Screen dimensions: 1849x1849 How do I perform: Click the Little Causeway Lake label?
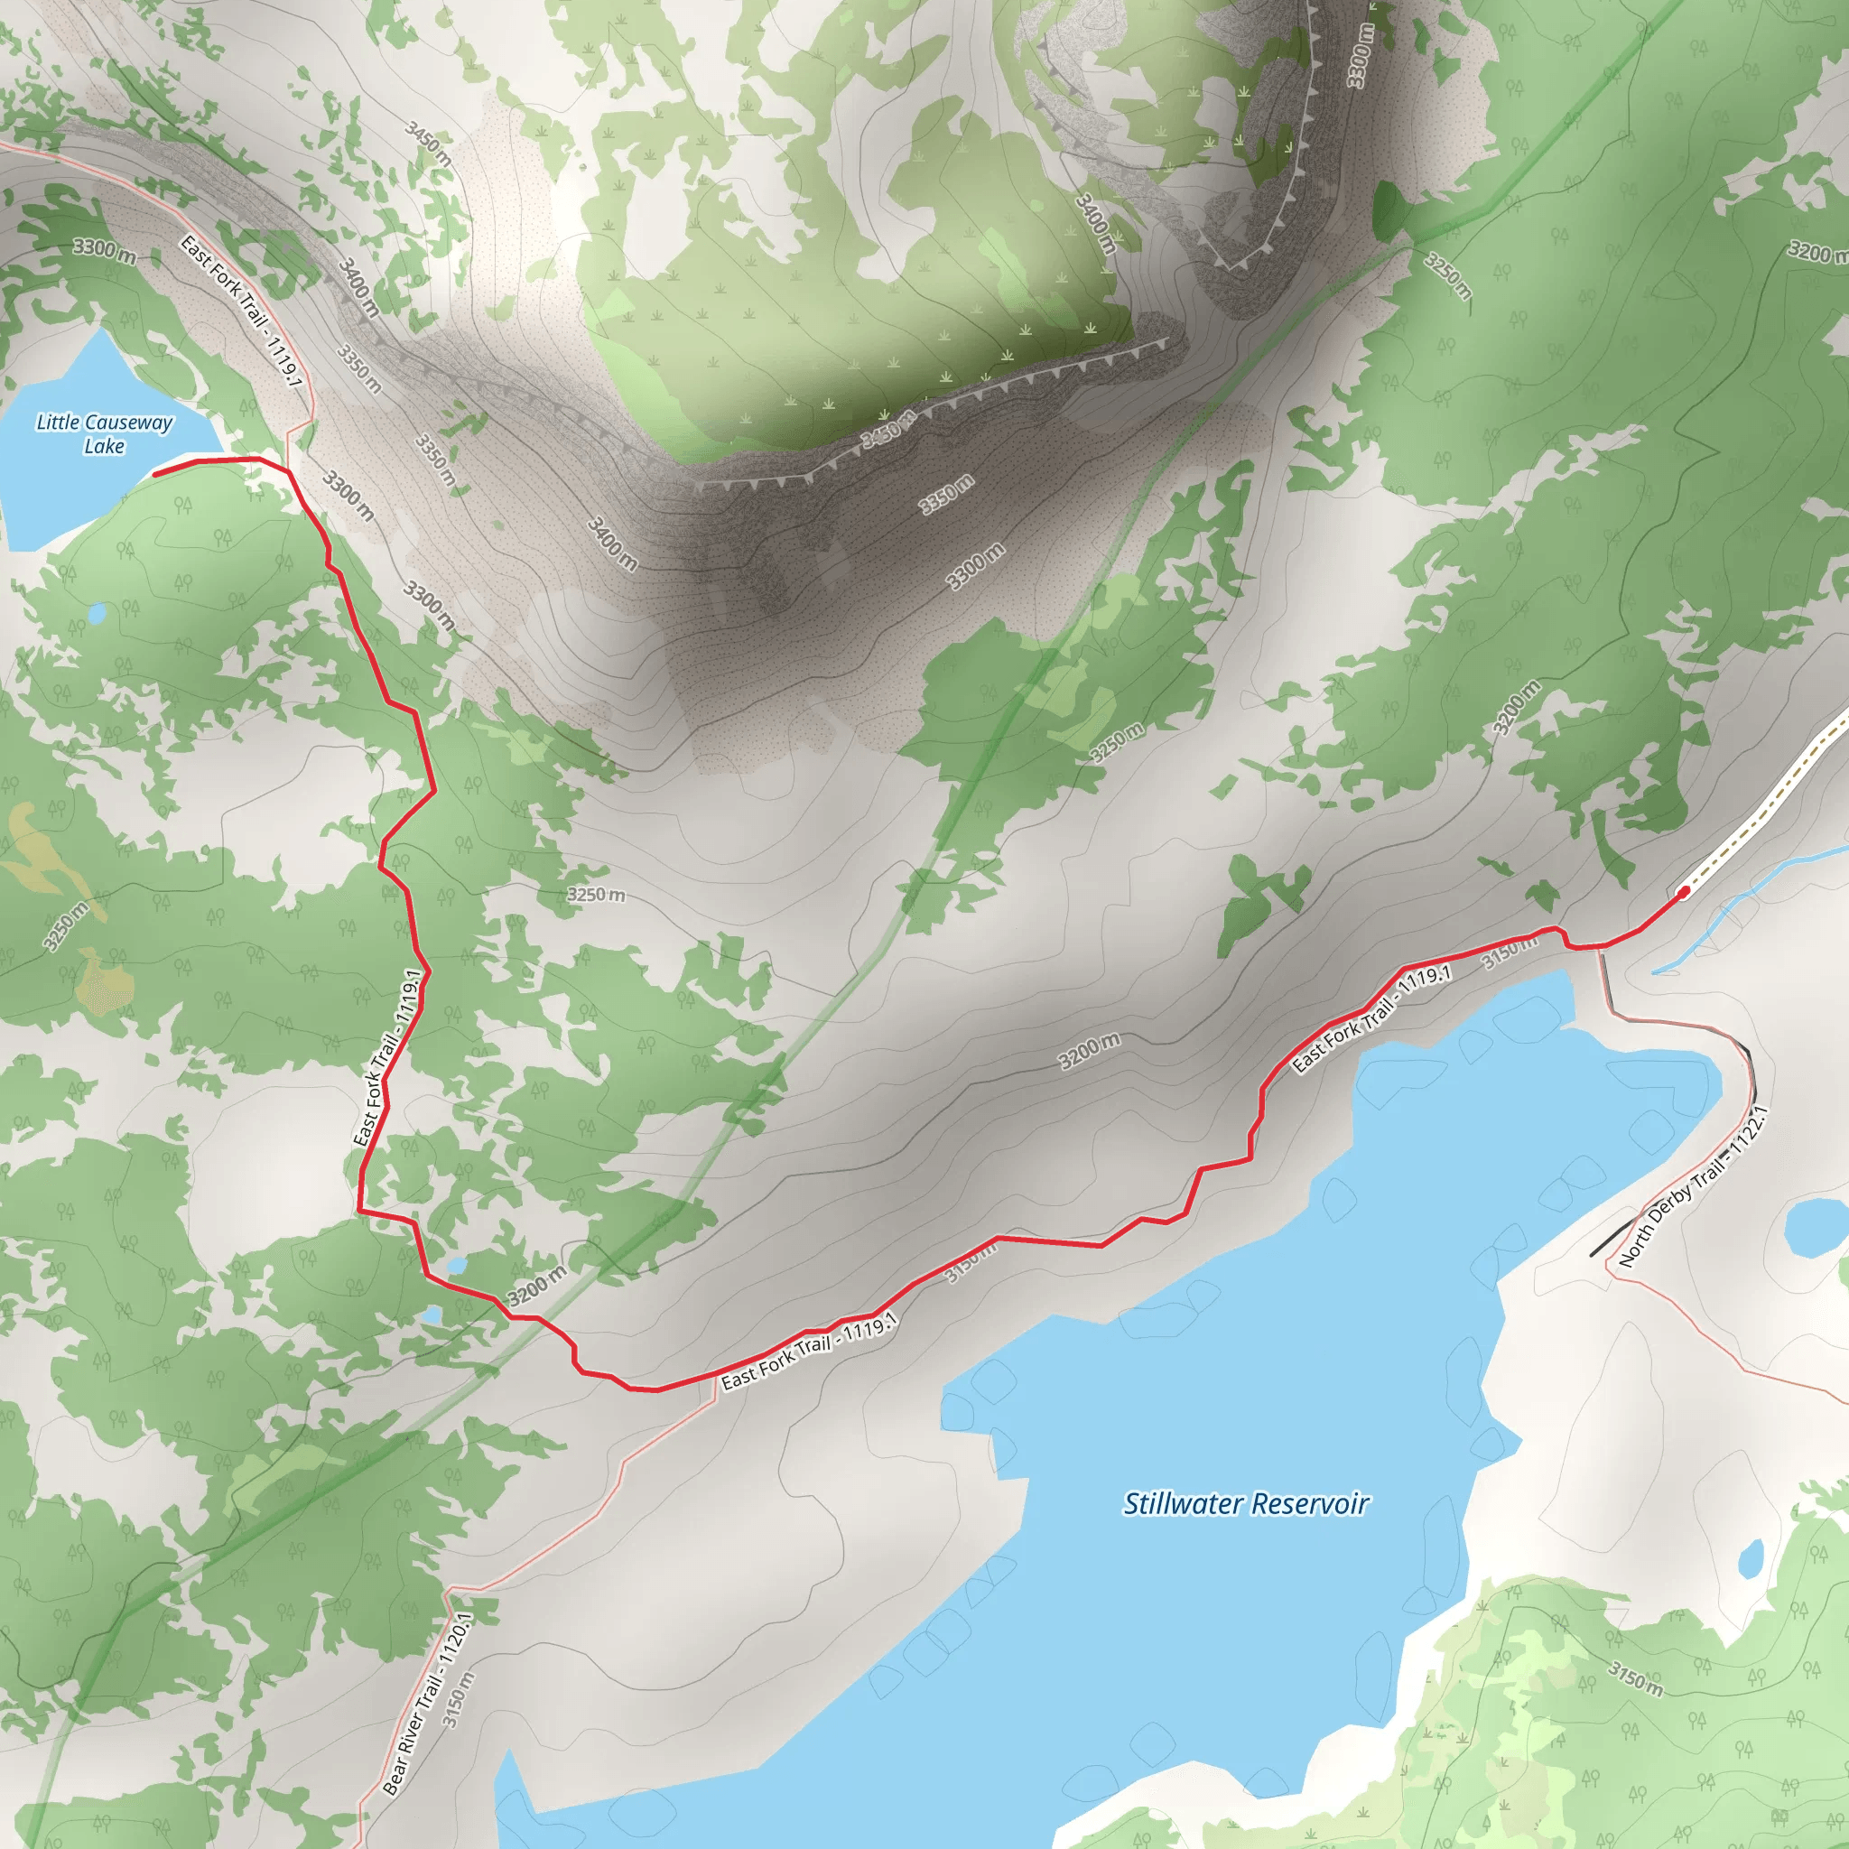[x=105, y=433]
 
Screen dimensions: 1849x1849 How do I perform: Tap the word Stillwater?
[x=1184, y=1503]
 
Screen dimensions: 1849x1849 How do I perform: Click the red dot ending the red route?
[x=1684, y=892]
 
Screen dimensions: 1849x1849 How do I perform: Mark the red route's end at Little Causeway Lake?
[x=156, y=473]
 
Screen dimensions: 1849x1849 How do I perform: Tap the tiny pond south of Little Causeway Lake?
[x=97, y=611]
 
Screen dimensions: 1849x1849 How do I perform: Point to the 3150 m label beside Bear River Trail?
[x=459, y=1699]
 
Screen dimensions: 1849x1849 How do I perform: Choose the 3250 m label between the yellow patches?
[x=65, y=926]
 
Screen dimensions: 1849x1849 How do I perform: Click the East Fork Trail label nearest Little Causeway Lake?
[x=241, y=311]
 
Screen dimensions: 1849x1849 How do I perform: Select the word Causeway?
[x=127, y=422]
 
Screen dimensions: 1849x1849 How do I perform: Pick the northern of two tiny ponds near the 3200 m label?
[x=456, y=1265]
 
